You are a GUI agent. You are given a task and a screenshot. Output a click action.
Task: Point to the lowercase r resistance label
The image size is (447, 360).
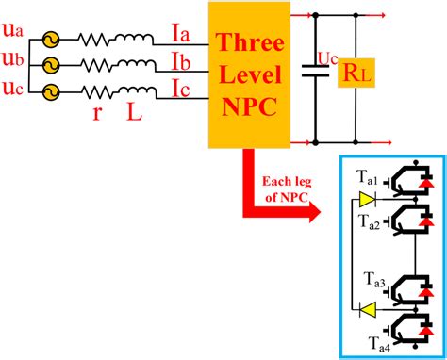pyautogui.click(x=99, y=111)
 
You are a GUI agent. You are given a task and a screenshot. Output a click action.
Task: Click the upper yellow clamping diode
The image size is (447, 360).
pyautogui.click(x=366, y=200)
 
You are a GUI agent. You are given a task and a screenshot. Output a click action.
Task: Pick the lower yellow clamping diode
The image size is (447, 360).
pyautogui.click(x=366, y=307)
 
